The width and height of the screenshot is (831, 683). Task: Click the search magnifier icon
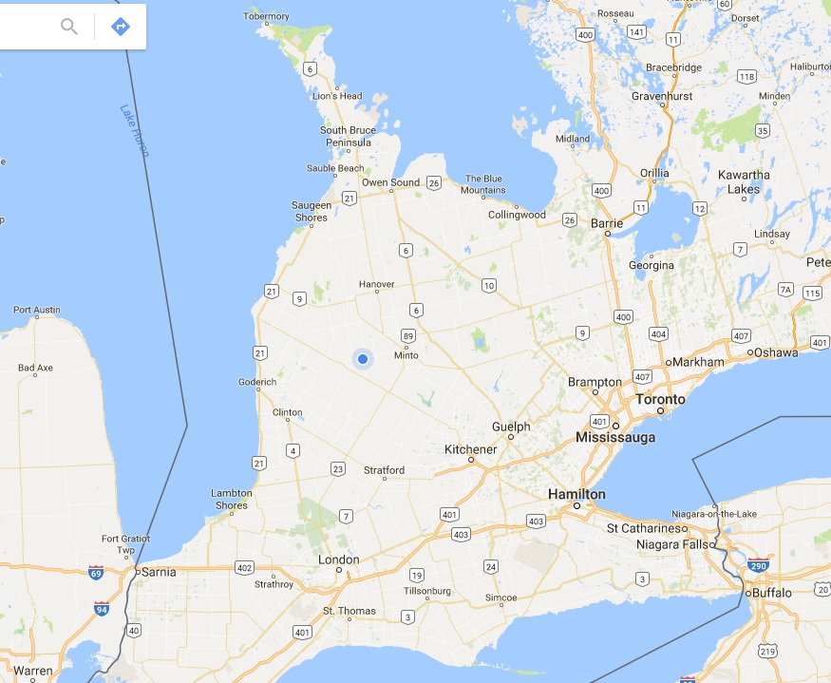point(69,26)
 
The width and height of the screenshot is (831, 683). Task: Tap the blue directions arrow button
point(121,26)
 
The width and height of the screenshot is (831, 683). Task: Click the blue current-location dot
point(362,358)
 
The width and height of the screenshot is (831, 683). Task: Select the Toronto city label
point(660,399)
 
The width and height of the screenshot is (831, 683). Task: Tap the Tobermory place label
point(266,16)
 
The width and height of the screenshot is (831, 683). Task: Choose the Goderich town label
point(258,382)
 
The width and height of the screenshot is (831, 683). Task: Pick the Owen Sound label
point(390,182)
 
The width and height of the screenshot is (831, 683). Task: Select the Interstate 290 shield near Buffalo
point(758,565)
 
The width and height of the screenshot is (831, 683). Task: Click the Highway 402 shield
point(244,568)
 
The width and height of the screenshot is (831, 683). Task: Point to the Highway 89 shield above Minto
point(408,335)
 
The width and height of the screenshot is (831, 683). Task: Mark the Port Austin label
point(36,310)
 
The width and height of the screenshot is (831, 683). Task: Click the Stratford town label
point(385,470)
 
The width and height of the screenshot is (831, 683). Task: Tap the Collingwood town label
point(517,215)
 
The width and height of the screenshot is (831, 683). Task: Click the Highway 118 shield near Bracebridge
point(746,76)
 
